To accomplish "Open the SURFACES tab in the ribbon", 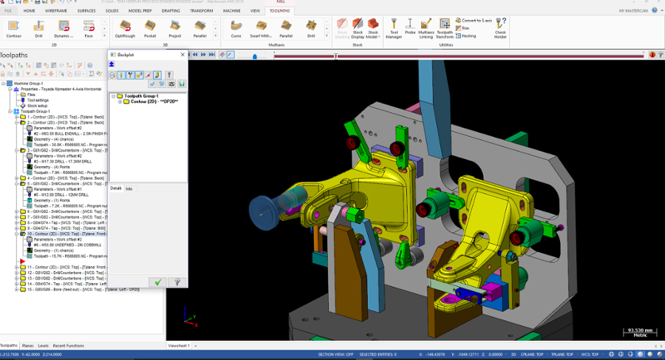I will click(x=86, y=11).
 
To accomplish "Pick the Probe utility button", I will click(x=410, y=27).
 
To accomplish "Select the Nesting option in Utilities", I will click(x=466, y=35).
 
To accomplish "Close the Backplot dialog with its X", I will click(x=183, y=55).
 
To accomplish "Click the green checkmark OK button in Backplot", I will click(x=157, y=282).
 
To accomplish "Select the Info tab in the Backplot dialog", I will click(x=129, y=189).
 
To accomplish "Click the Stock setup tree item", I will click(x=38, y=106).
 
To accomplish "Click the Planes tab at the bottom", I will click(x=27, y=345).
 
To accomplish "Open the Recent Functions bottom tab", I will click(x=68, y=345).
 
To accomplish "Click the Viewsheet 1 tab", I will click(x=179, y=345).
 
